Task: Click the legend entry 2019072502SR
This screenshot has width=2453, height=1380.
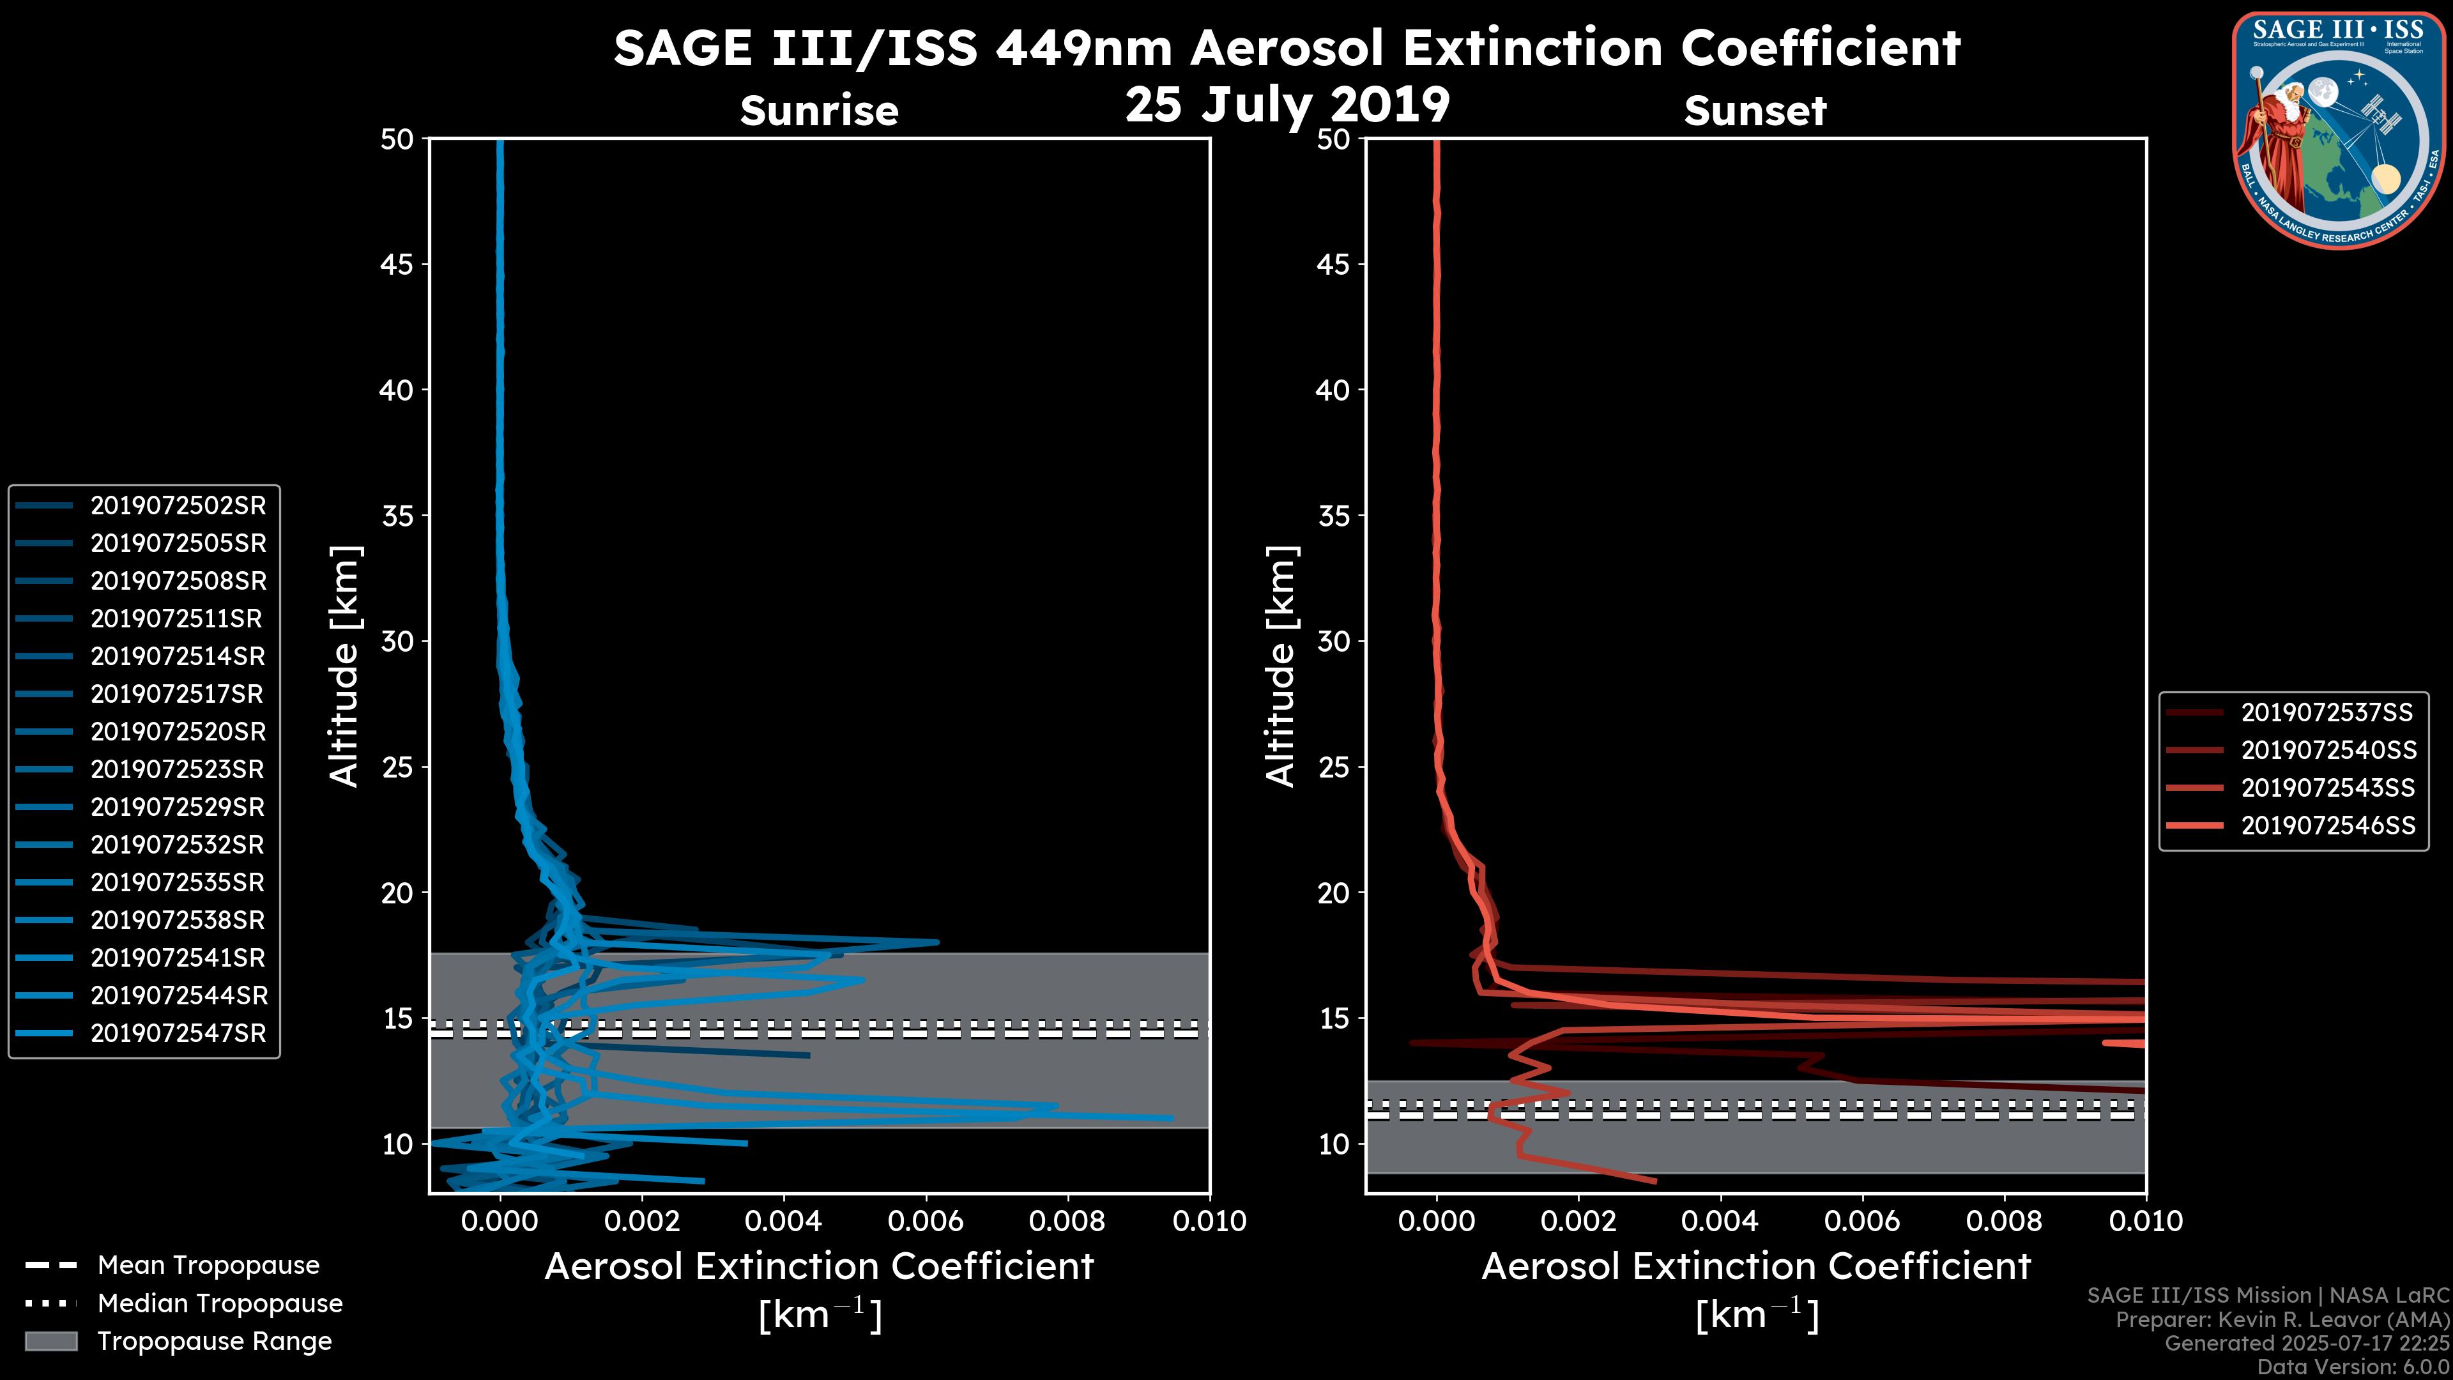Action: (178, 506)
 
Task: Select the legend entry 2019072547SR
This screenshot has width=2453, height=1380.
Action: (178, 1033)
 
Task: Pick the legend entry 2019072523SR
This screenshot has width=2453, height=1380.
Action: (178, 769)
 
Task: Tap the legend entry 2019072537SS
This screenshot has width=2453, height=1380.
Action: (2327, 712)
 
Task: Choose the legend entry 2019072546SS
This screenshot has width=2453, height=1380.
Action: (2327, 825)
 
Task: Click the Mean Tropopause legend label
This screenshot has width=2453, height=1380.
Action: (208, 1266)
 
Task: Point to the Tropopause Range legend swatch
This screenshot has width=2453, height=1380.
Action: (50, 1341)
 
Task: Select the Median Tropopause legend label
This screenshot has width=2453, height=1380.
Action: (220, 1304)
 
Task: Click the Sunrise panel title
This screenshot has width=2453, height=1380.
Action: (819, 111)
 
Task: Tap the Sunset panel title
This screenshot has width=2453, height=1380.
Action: (1755, 111)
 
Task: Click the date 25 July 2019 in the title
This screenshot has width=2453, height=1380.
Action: (1287, 105)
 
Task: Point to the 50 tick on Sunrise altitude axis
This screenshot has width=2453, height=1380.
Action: (397, 140)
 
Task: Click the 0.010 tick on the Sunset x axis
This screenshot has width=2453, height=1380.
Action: (2146, 1221)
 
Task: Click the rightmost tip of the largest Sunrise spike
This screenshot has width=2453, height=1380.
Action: (1172, 1118)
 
